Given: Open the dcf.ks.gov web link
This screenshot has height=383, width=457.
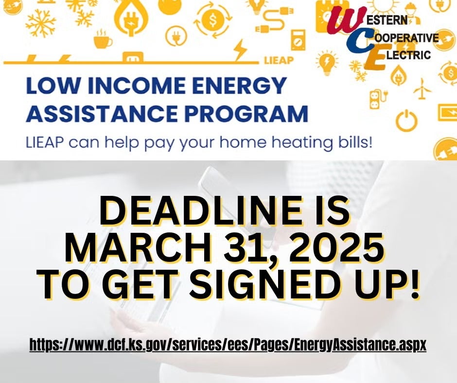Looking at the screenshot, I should point(228,345).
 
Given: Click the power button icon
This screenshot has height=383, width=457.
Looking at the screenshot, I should point(406,120).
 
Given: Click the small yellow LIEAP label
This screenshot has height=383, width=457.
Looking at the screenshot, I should point(279,61).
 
